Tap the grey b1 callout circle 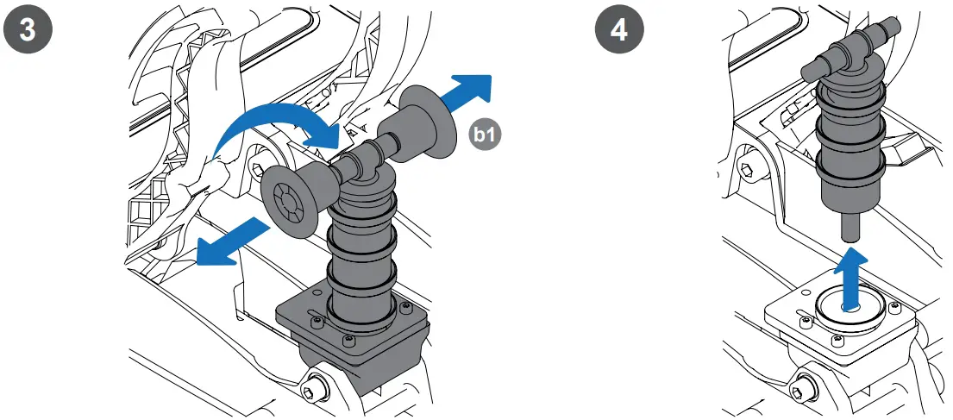click(x=484, y=133)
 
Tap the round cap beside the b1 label click(x=430, y=122)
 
